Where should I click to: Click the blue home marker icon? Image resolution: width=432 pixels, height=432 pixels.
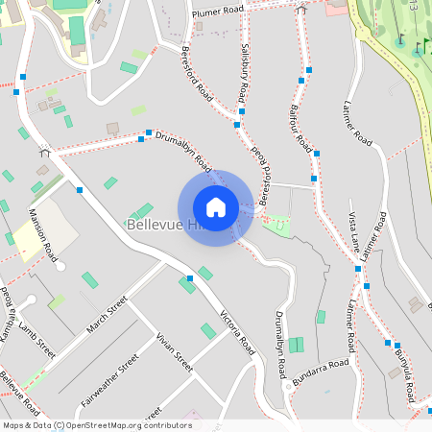coord(215,207)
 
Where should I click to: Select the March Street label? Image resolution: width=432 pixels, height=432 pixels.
coord(106,317)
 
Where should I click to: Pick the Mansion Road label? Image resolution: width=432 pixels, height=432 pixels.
coord(43,234)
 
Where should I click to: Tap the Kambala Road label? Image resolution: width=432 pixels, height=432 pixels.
coord(9,310)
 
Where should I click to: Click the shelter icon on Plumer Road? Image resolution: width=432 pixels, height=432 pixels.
coord(301,9)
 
